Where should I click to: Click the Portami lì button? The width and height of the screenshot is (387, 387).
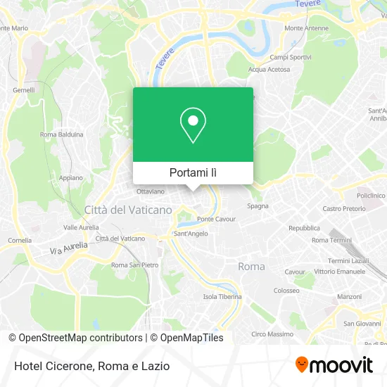coord(193,172)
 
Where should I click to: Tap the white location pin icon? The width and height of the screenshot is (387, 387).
coord(193,125)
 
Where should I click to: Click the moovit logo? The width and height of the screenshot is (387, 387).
coord(334,364)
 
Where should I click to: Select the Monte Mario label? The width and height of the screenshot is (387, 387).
coord(15,28)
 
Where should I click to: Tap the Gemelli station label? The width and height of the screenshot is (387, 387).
coord(23,90)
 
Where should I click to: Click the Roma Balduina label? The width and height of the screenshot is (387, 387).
coord(62,134)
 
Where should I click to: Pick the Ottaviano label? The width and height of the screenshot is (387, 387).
coord(150,191)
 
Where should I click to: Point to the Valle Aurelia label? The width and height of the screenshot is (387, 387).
coord(80,227)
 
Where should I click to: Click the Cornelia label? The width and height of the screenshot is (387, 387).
coord(20,240)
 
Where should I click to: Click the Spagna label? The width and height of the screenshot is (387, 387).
coord(257,206)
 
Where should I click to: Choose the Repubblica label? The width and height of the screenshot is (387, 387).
coord(305,228)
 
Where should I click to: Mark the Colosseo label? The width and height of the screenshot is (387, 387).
coord(286,290)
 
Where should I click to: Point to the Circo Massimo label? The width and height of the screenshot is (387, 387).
coord(272,334)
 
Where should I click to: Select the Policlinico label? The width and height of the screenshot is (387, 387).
coord(370,195)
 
